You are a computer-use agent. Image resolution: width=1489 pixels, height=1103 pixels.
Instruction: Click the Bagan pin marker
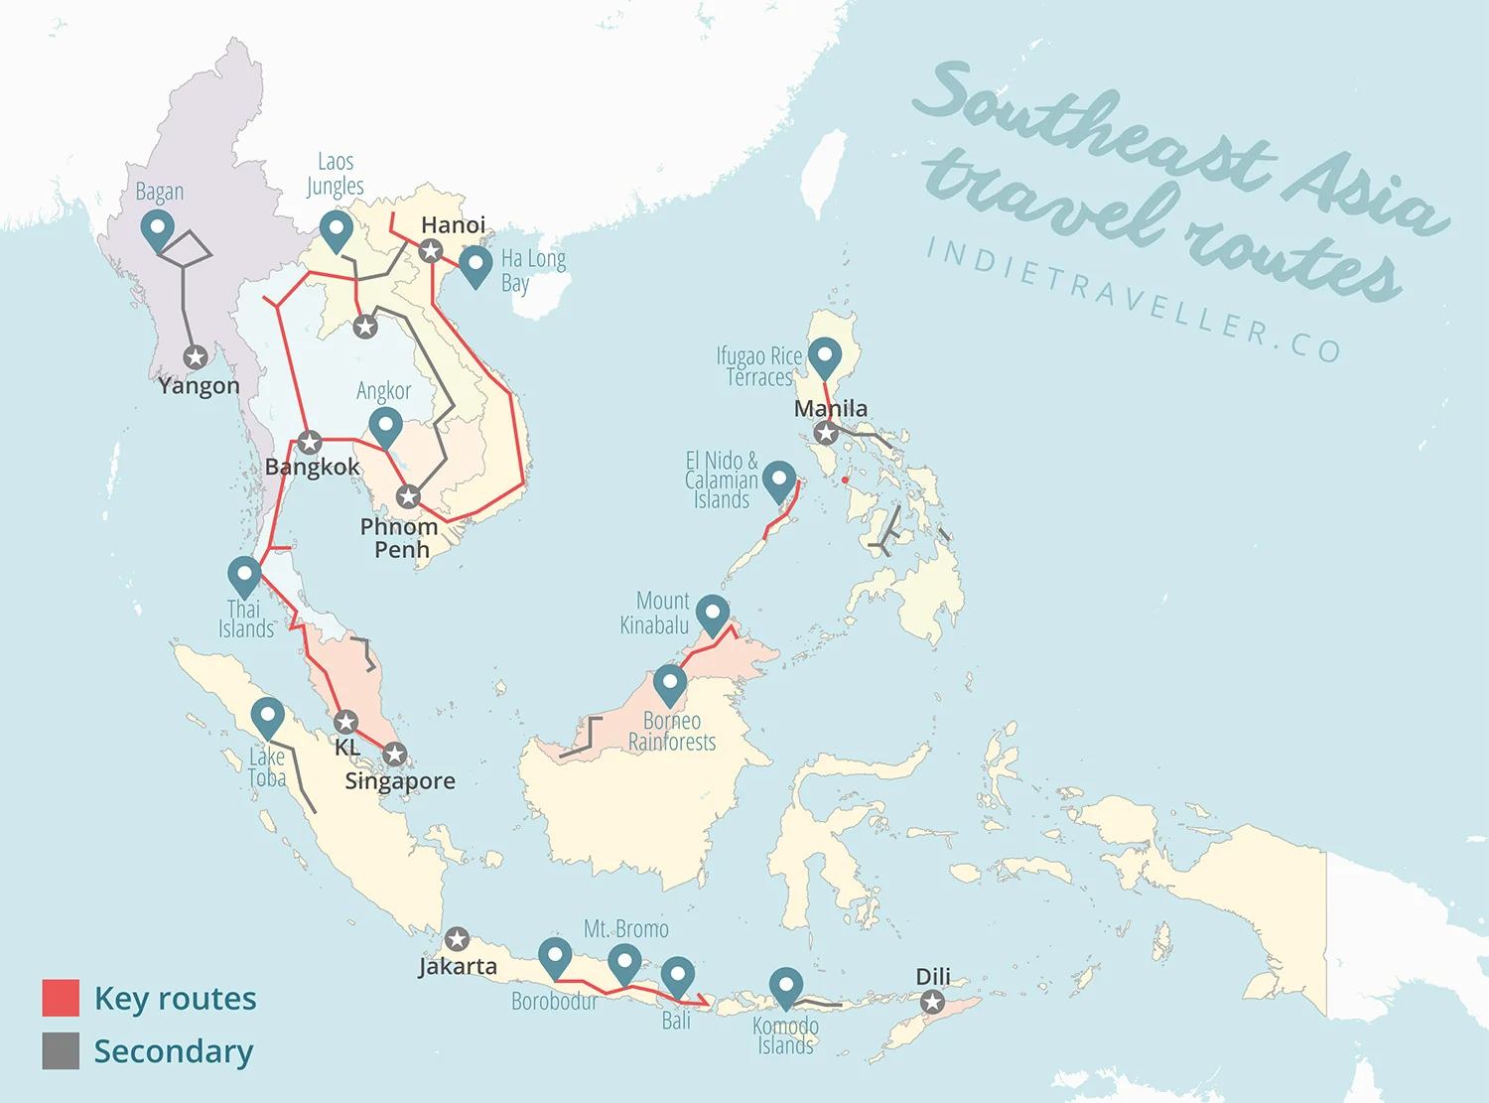[x=158, y=227]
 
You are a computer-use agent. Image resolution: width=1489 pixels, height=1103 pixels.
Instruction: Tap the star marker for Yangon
[x=196, y=356]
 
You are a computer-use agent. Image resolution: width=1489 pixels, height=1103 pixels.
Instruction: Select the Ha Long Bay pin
[x=475, y=264]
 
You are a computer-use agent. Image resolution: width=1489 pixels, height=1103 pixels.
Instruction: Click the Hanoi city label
[x=453, y=224]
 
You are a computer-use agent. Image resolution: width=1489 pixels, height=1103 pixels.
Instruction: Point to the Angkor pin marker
[x=385, y=426]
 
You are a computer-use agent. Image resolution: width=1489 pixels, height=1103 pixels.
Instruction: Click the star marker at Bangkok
[x=310, y=442]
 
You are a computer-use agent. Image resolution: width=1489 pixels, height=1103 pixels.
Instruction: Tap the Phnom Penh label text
[x=399, y=537]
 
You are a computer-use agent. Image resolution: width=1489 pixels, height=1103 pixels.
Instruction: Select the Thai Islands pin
[x=244, y=574]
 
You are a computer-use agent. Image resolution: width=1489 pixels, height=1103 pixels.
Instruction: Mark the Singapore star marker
[x=394, y=755]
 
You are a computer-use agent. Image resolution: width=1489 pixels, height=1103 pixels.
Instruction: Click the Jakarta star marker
[x=457, y=938]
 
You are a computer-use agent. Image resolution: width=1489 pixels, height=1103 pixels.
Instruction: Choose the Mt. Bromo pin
[x=624, y=961]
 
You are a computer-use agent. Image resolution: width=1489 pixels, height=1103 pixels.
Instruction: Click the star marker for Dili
[x=932, y=1002]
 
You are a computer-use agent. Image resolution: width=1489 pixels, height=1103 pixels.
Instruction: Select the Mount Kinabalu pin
[x=713, y=613]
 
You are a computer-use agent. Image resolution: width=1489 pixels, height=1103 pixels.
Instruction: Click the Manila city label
[x=831, y=408]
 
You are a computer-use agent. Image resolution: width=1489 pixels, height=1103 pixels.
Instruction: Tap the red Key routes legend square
[x=61, y=998]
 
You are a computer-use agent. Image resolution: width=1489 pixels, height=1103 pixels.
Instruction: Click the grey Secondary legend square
[x=61, y=1050]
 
